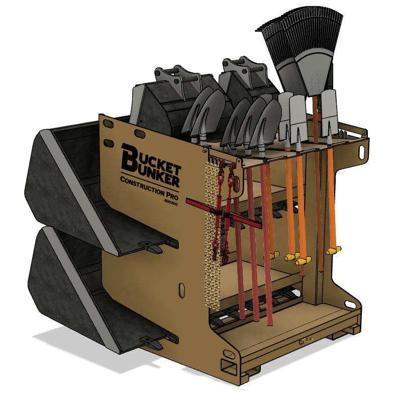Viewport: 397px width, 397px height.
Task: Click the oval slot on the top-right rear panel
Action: tap(363, 150)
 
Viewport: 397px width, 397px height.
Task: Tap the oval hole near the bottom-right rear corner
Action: tap(348, 304)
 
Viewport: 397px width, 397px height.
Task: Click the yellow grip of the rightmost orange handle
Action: tap(334, 250)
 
